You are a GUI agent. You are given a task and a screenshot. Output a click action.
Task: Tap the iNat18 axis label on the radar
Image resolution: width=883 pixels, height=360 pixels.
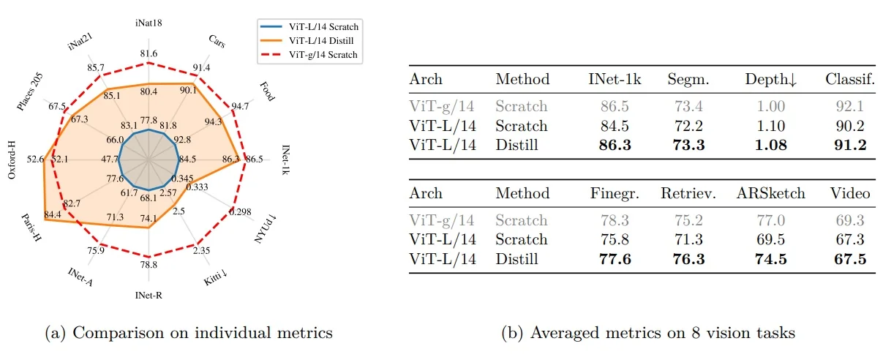149,23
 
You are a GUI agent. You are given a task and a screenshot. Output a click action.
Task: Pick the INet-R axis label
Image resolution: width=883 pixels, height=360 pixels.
149,296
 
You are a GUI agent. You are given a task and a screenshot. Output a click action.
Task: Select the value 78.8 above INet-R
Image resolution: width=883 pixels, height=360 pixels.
149,264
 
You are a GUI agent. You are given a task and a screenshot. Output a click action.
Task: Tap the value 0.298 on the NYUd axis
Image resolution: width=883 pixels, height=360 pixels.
239,211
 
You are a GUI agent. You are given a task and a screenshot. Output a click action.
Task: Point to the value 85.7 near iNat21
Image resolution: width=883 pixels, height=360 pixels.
96,67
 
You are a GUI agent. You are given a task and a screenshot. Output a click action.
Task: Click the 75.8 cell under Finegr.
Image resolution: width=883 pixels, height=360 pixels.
610,239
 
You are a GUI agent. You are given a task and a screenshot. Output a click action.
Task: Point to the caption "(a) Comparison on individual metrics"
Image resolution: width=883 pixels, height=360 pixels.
189,333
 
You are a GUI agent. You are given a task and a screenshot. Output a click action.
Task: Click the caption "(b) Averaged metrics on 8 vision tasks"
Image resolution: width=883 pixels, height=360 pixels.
648,333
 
